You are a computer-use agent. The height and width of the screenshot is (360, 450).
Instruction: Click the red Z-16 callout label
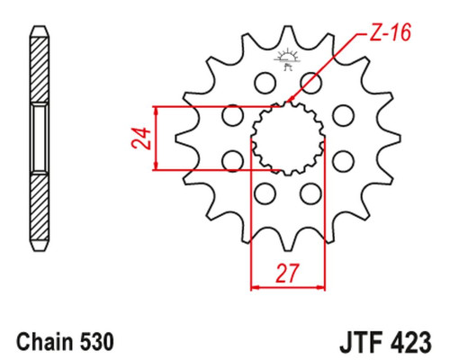tap(390, 32)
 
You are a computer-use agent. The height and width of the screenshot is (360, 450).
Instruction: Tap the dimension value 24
tap(140, 139)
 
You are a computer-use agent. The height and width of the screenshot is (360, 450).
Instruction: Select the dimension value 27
tap(288, 274)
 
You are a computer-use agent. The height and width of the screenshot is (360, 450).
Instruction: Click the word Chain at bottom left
tap(45, 342)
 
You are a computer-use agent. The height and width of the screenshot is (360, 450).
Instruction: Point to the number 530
tap(97, 342)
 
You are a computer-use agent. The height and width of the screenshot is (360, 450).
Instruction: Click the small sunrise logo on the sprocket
tap(287, 59)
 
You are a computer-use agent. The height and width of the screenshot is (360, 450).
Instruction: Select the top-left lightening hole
tap(265, 82)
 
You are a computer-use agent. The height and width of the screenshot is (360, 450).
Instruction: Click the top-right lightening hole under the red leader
tap(310, 82)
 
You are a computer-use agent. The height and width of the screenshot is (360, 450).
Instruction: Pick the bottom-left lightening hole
tap(265, 193)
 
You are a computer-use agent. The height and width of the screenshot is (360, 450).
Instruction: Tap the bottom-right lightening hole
tap(310, 193)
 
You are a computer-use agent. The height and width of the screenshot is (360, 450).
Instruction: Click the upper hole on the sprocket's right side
tap(344, 115)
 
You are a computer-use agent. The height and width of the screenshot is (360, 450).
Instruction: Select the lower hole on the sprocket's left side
tap(233, 161)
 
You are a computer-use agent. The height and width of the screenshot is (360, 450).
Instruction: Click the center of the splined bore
tap(288, 139)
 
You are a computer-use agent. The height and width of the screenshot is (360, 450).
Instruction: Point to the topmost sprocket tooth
tap(288, 33)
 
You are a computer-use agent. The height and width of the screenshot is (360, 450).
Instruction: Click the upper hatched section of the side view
tap(40, 69)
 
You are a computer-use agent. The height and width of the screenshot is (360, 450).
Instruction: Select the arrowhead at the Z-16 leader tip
tap(290, 99)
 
